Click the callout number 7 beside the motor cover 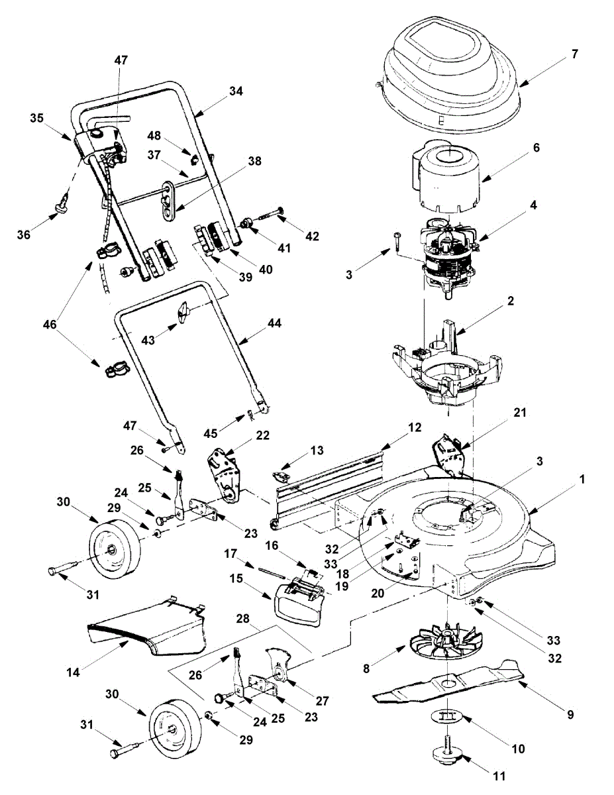(x=575, y=54)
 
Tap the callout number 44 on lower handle (x=274, y=323)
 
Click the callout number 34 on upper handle (x=236, y=91)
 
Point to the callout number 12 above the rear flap (x=414, y=427)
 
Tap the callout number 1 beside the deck (x=582, y=479)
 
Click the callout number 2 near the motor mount (x=511, y=301)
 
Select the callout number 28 (x=242, y=618)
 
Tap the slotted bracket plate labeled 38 (x=169, y=201)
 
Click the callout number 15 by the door (x=236, y=579)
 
